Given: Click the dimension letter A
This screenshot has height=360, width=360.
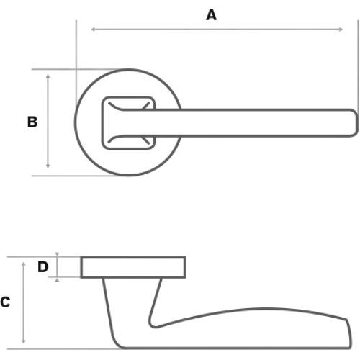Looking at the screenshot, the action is [211, 15].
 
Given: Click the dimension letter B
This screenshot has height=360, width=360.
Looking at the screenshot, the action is [32, 122].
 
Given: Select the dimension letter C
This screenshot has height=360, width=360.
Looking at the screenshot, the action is [5, 302].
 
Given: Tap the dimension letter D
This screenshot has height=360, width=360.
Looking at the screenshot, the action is [43, 266].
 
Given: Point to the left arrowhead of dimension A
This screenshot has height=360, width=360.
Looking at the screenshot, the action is [94, 30].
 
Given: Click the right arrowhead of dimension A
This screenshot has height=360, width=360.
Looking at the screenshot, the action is [341, 30].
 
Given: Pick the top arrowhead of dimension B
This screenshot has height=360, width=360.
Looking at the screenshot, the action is [48, 76].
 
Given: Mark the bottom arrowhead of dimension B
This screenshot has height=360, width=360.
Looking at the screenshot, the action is [48, 166].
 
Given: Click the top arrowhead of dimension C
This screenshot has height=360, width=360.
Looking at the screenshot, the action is [24, 264].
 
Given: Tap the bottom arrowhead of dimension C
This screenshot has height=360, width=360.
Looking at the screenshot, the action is [24, 341].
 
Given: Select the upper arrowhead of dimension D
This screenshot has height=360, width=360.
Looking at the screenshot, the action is [57, 254].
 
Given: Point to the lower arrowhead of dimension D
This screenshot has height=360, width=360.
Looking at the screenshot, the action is [57, 280].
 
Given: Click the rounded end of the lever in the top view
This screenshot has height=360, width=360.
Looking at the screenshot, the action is [356, 122].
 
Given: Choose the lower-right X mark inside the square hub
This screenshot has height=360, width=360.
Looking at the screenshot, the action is [145, 140].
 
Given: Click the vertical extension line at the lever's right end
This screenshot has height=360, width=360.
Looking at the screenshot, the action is [358, 65].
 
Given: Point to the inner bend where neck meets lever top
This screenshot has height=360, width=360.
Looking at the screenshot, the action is [153, 325].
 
